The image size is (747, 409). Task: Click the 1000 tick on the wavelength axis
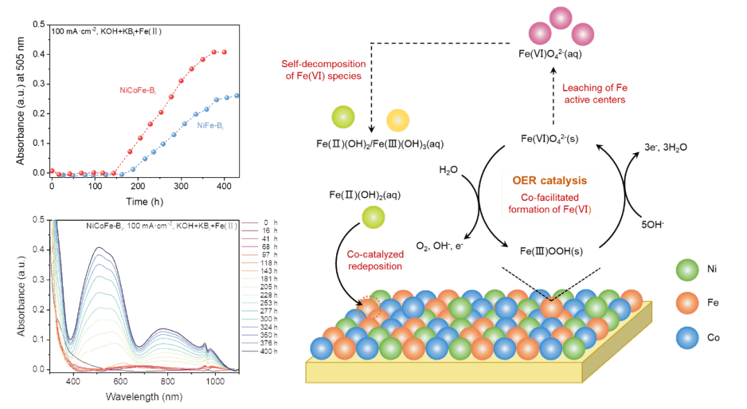(215, 381)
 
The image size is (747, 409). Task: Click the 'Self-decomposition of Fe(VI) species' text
(322, 70)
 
